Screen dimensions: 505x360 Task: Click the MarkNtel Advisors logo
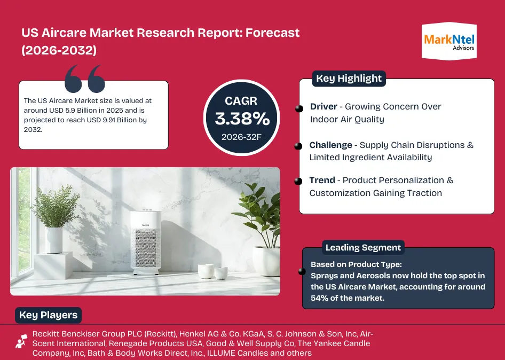pos(449,41)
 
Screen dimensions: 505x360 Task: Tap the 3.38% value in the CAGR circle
pos(242,119)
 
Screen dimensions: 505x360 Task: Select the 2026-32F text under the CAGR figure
pos(241,137)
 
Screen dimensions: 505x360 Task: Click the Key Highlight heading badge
pos(349,79)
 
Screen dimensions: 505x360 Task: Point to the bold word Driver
pos(323,106)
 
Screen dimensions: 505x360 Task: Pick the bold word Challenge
pos(331,145)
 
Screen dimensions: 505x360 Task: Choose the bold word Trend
pos(322,180)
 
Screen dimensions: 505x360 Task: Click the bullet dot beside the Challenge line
pos(298,146)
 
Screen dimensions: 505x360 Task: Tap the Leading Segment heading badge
pos(363,247)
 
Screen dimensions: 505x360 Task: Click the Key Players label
pos(48,315)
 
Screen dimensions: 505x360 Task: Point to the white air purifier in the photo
pos(146,242)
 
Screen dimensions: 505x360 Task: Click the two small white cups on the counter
pos(212,271)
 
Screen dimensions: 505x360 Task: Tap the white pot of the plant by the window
pos(54,240)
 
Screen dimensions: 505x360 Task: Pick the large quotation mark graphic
pos(85,79)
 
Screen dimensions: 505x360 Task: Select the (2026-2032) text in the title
pos(59,50)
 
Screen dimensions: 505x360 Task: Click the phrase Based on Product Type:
pos(356,264)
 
